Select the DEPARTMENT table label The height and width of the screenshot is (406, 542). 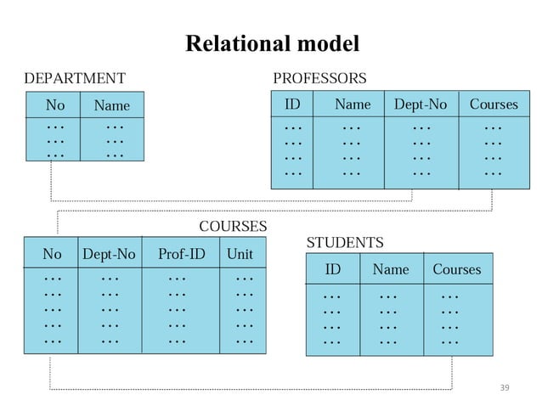tap(75, 79)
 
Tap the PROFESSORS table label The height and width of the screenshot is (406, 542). tap(319, 79)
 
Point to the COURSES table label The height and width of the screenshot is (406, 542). tap(232, 227)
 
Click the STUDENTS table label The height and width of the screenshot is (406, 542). tap(345, 243)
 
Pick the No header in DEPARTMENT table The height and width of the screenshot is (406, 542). tap(55, 105)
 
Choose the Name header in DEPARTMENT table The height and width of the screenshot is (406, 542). tap(111, 106)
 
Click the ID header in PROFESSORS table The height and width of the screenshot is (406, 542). tap(291, 104)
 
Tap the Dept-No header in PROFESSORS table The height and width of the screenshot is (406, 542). tap(420, 104)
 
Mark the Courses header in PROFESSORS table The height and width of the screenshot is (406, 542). tap(493, 104)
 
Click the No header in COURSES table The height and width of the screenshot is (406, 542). tap(52, 253)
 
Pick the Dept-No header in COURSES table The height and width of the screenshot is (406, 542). tap(109, 253)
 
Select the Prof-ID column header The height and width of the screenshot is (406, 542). tap(181, 253)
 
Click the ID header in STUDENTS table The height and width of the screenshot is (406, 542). tap(333, 269)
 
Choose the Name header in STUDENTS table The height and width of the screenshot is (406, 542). tap(390, 269)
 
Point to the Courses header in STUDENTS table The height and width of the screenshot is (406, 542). tap(456, 269)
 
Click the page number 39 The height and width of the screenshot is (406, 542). tap(504, 387)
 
